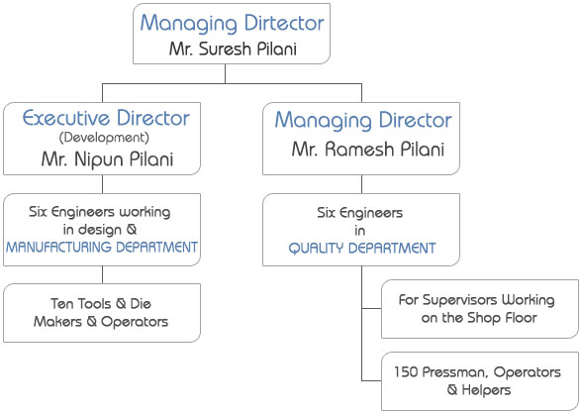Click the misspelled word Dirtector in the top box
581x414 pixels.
point(284,23)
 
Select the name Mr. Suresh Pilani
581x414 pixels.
point(233,49)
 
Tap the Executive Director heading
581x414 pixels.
point(106,118)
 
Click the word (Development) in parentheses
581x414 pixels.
point(104,138)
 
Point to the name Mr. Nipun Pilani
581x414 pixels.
point(107,159)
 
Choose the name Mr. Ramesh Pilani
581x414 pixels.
point(368,149)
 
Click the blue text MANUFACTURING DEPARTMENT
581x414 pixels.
point(102,248)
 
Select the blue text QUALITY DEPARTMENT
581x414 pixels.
point(362,249)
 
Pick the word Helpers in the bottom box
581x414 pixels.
point(486,390)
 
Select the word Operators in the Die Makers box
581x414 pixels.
point(135,322)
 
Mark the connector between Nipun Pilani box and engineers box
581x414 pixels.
point(102,184)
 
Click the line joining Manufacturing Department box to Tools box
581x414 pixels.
point(102,275)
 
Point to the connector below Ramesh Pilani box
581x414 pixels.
point(361,184)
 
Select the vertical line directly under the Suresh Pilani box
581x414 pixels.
point(226,73)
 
